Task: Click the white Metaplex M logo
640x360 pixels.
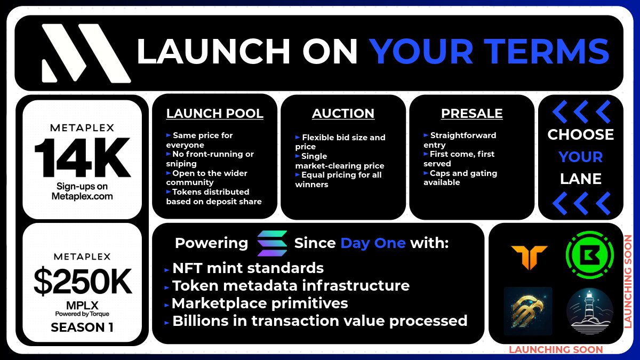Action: [x=85, y=53]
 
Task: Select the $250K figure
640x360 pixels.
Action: [x=83, y=281]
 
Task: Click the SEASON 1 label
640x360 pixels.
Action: [x=82, y=327]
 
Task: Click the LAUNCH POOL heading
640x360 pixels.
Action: [x=214, y=114]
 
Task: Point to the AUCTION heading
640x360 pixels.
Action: [x=343, y=114]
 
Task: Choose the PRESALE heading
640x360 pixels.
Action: [x=471, y=114]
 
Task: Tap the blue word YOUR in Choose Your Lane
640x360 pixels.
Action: [x=580, y=157]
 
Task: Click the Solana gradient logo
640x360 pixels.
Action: [x=271, y=243]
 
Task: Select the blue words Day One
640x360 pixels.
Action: [x=373, y=244]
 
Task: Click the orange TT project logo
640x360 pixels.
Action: [x=529, y=258]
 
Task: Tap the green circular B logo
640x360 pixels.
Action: [x=589, y=254]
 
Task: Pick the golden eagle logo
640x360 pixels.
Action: [x=528, y=311]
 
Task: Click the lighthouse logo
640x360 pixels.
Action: [x=589, y=311]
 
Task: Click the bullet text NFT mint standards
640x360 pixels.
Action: [x=247, y=268]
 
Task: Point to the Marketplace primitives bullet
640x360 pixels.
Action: [x=260, y=303]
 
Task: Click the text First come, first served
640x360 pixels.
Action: [x=459, y=158]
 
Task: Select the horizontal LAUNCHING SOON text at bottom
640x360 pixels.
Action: [x=555, y=350]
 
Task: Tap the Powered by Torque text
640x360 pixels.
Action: [x=82, y=314]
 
